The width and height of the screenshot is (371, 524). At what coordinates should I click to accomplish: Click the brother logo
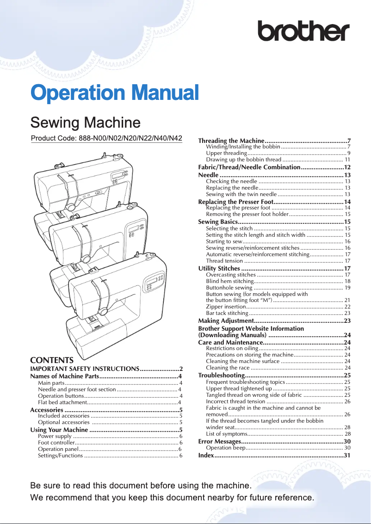click(303, 31)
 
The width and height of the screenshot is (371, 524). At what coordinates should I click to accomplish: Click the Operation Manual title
click(114, 92)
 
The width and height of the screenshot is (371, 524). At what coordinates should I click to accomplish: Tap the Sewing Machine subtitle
click(85, 123)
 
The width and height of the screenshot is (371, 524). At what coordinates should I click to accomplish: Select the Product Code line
click(106, 138)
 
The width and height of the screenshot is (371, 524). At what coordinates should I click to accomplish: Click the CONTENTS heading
click(52, 360)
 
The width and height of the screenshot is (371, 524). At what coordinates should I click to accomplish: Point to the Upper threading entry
click(226, 153)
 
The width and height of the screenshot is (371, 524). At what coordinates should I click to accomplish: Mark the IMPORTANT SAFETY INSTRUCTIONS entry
click(85, 369)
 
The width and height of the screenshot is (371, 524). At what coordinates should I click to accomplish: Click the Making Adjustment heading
click(225, 321)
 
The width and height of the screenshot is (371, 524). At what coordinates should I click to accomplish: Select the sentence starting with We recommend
click(172, 498)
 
